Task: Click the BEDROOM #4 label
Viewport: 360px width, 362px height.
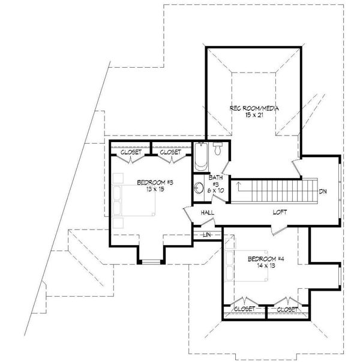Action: tap(262, 260)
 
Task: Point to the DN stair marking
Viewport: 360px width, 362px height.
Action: tap(323, 192)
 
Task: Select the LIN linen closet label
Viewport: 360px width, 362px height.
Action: tap(207, 234)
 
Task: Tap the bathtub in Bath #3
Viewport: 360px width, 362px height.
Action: tap(201, 158)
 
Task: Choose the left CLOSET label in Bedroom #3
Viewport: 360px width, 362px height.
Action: tap(130, 153)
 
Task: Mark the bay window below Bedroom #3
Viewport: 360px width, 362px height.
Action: tap(151, 261)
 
